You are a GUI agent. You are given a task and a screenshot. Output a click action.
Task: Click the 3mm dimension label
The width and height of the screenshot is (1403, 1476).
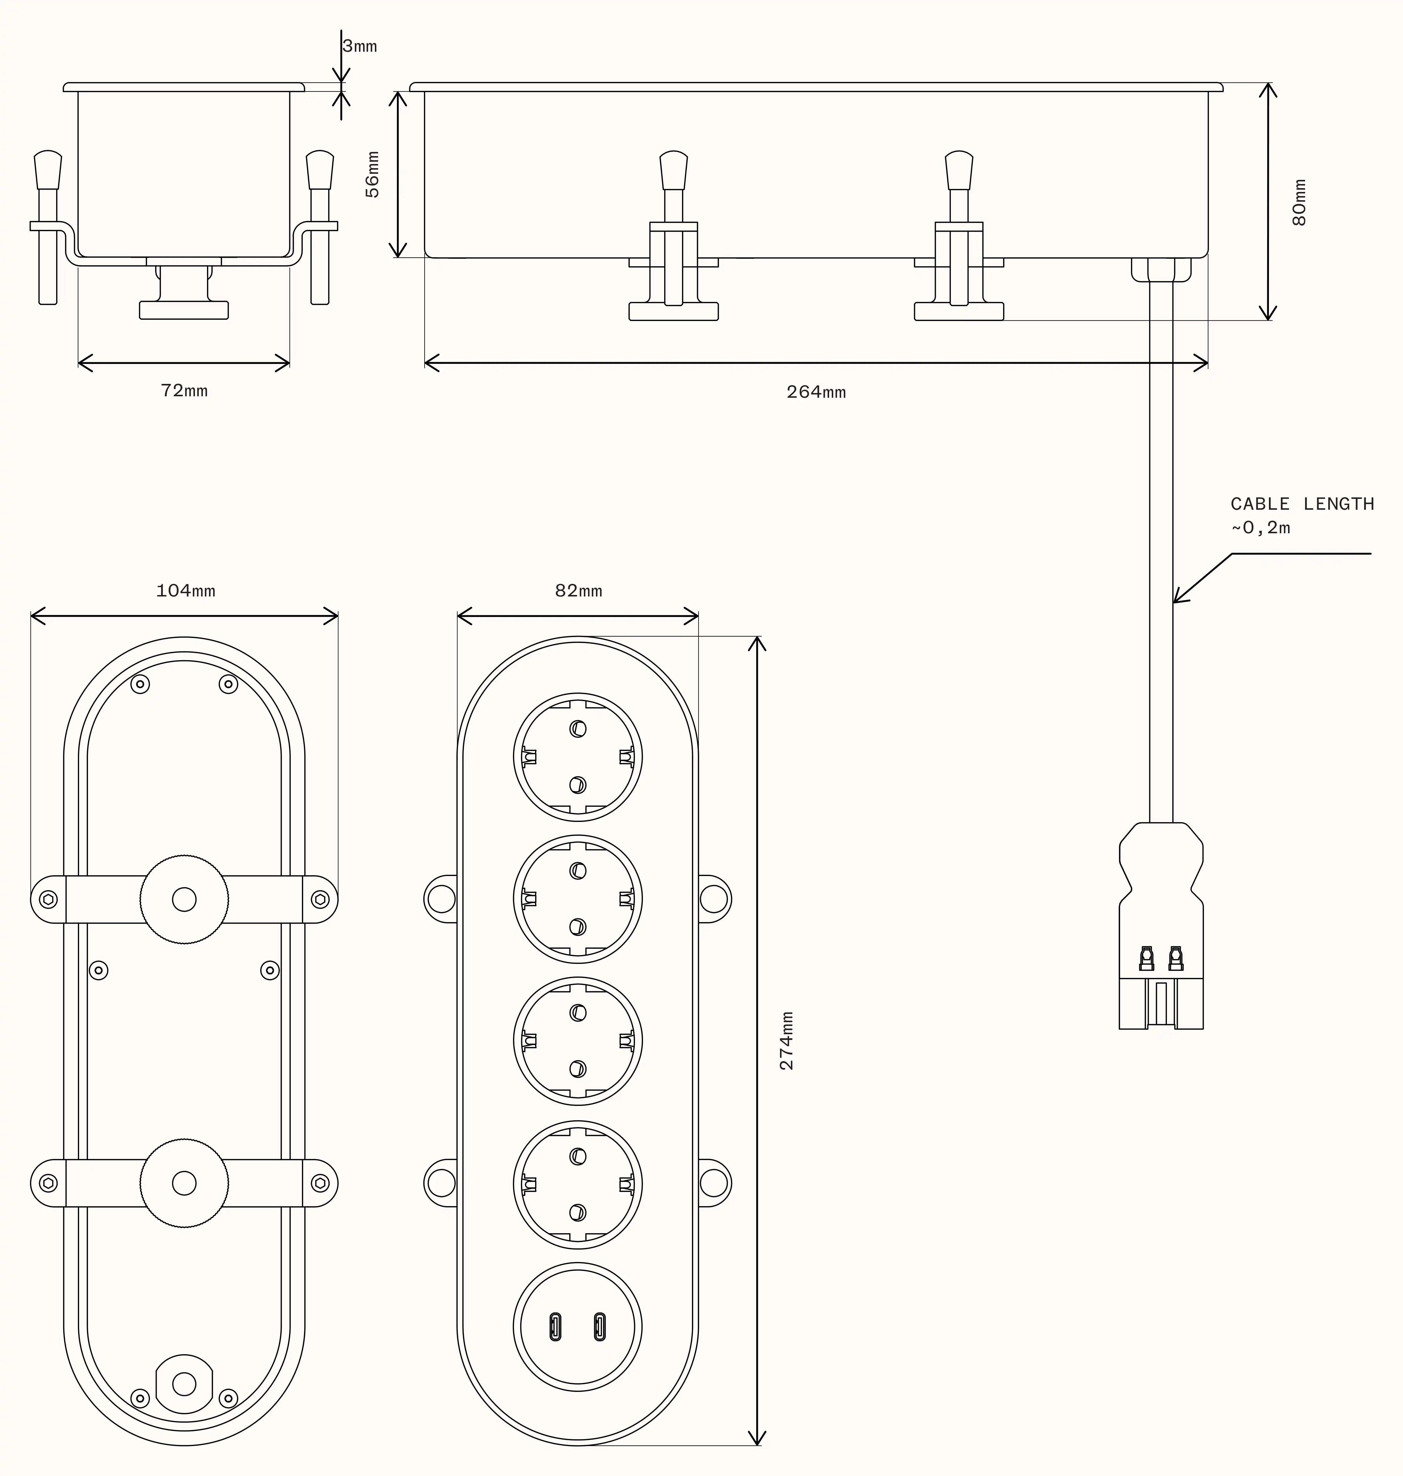click(360, 46)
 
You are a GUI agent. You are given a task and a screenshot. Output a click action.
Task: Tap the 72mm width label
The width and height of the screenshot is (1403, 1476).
click(184, 390)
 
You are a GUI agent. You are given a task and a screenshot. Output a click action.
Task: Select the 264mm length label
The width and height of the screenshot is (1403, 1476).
click(816, 392)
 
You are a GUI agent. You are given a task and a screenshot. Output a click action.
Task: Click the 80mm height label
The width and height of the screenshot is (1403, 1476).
click(1300, 202)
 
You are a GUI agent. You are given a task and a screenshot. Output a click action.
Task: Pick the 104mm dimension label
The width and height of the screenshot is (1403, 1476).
click(186, 591)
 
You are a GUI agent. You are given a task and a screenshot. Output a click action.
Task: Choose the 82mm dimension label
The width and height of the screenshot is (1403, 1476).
click(578, 591)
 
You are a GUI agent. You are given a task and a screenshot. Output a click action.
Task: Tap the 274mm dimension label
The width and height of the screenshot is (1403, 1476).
click(787, 1041)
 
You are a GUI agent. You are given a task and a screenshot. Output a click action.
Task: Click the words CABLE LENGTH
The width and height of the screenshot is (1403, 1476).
click(1302, 504)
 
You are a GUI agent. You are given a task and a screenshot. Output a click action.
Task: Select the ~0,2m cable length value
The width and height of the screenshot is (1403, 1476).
click(1261, 528)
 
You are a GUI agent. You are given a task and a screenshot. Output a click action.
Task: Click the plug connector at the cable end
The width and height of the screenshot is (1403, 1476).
click(1161, 927)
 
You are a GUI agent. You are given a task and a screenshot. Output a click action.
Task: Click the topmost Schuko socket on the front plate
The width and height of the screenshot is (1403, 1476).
click(577, 757)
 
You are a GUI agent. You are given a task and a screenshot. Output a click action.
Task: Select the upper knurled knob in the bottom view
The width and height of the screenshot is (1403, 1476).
click(184, 899)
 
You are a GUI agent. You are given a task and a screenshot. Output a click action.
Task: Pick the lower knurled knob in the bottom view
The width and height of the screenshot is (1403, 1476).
click(184, 1183)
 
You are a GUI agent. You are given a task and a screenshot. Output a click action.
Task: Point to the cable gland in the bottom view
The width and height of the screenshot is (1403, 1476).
click(184, 1384)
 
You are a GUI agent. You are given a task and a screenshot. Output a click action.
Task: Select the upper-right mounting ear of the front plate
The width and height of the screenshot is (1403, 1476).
click(714, 899)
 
